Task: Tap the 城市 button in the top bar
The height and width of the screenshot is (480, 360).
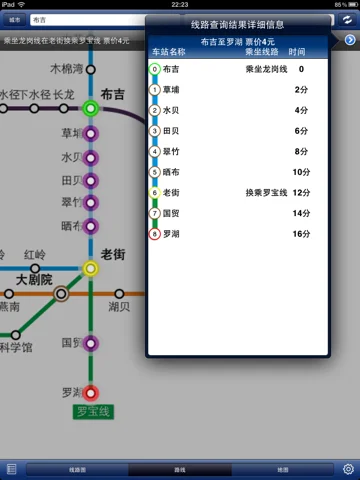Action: click(x=13, y=19)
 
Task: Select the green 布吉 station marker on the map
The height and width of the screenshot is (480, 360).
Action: click(x=90, y=107)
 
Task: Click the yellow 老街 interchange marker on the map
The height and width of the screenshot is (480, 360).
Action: click(x=90, y=268)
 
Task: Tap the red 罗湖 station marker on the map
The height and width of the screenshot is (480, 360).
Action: click(x=90, y=393)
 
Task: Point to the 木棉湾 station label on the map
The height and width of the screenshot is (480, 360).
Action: click(x=72, y=70)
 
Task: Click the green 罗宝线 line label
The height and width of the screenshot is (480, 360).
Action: click(x=95, y=412)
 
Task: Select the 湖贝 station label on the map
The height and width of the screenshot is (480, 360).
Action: click(x=119, y=307)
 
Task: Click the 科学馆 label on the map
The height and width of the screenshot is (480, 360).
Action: click(x=15, y=348)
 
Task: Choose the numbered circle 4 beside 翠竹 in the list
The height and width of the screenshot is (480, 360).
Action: click(x=154, y=151)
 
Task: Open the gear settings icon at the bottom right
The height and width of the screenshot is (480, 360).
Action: click(x=348, y=468)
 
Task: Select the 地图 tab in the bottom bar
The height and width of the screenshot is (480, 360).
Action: click(x=282, y=468)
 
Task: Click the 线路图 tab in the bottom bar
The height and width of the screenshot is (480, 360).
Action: click(x=77, y=468)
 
